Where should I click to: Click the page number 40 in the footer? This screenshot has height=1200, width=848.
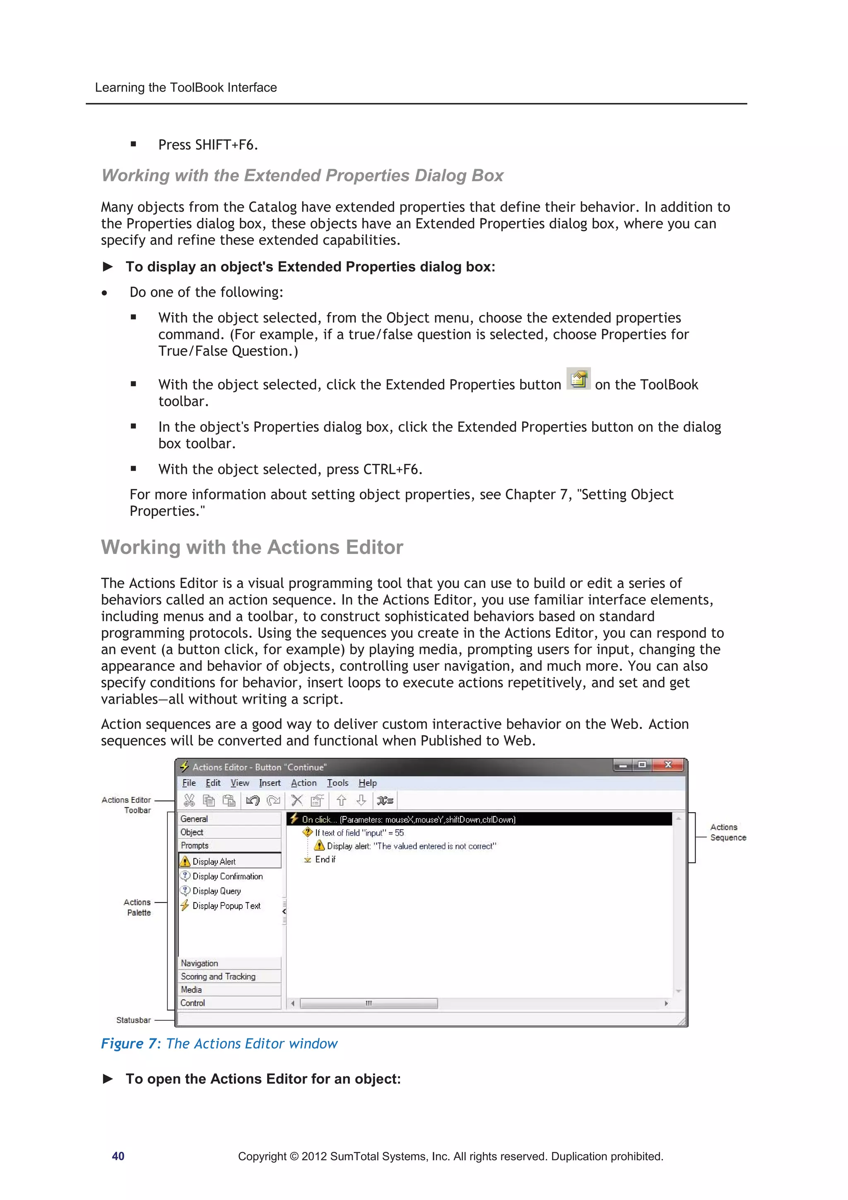(x=118, y=1156)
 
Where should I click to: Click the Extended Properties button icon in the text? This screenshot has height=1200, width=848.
(x=578, y=379)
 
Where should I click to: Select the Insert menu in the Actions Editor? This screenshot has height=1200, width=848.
(x=270, y=783)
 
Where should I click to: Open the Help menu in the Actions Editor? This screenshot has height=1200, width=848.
(x=367, y=783)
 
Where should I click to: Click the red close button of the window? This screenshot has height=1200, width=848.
(x=668, y=765)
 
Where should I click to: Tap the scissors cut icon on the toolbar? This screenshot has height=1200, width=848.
(x=189, y=800)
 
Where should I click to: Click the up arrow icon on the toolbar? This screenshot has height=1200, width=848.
(x=341, y=800)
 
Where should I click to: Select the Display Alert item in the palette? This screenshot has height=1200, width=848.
(x=214, y=861)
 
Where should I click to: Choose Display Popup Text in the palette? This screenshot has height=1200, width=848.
(x=226, y=906)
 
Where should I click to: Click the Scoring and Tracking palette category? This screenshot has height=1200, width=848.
(x=218, y=976)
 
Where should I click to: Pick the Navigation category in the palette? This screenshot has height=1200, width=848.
(x=199, y=963)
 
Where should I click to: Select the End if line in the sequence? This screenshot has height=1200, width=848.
(x=325, y=859)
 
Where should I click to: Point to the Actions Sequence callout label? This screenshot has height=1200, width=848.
(x=728, y=832)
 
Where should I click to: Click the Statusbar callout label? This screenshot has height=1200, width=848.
(x=133, y=1020)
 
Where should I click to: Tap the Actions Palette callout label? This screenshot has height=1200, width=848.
(x=138, y=907)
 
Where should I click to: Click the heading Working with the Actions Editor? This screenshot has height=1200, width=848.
(x=252, y=547)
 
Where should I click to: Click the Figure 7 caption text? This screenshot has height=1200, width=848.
(x=219, y=1044)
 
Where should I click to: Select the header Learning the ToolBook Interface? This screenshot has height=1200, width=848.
(x=185, y=87)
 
